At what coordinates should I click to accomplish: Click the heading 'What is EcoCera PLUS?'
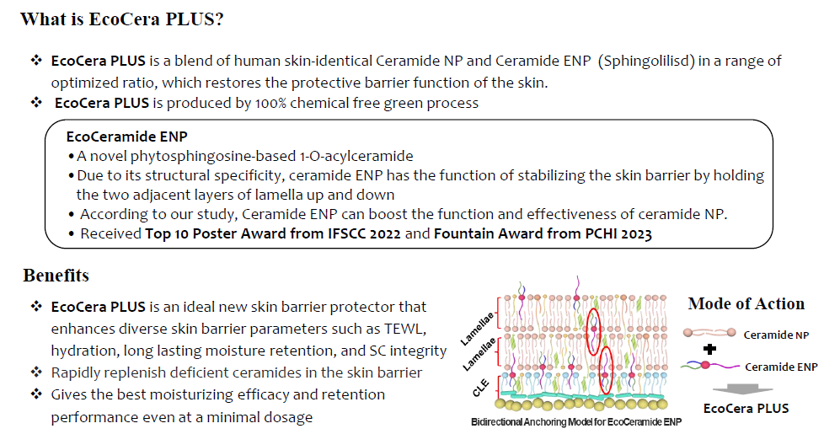pyautogui.click(x=121, y=19)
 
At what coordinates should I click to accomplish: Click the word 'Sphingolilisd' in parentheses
pyautogui.click(x=646, y=61)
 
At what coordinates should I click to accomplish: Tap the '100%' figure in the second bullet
pyautogui.click(x=270, y=103)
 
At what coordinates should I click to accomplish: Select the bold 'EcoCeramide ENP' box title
pyautogui.click(x=127, y=137)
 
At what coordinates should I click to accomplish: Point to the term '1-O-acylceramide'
pyautogui.click(x=356, y=156)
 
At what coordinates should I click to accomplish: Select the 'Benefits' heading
pyautogui.click(x=56, y=276)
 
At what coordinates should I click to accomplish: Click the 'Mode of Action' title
pyautogui.click(x=746, y=303)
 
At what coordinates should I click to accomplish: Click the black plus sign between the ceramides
pyautogui.click(x=709, y=350)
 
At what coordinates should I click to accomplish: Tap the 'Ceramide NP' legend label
pyautogui.click(x=776, y=335)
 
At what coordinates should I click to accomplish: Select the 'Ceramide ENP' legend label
pyautogui.click(x=781, y=367)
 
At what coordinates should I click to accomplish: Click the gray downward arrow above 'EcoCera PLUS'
pyautogui.click(x=742, y=390)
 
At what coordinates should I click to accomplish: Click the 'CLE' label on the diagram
pyautogui.click(x=481, y=388)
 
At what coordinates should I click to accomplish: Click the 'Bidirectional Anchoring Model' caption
pyautogui.click(x=576, y=422)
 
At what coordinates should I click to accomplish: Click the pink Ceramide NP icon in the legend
pyautogui.click(x=709, y=333)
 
